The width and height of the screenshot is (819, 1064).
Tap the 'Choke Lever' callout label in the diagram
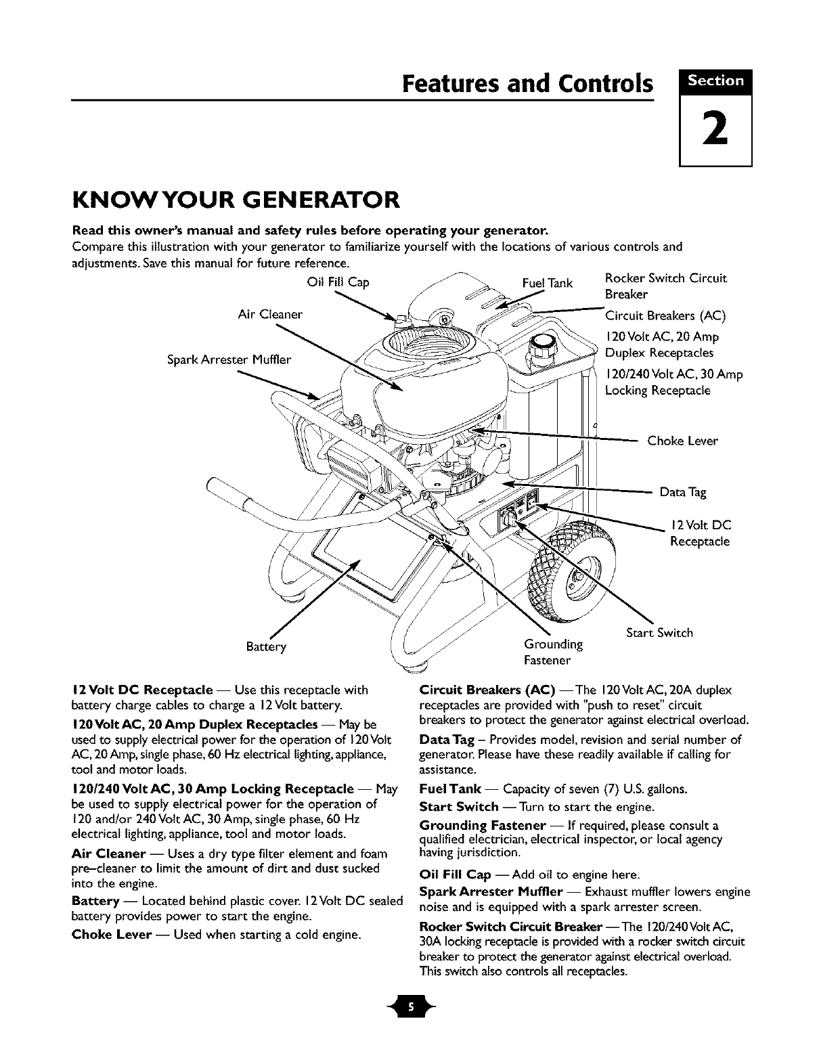point(682,441)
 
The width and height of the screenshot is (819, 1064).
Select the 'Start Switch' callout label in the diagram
point(659,633)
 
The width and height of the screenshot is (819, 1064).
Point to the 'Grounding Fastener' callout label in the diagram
point(553,650)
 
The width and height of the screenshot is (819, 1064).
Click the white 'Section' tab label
point(715,81)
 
